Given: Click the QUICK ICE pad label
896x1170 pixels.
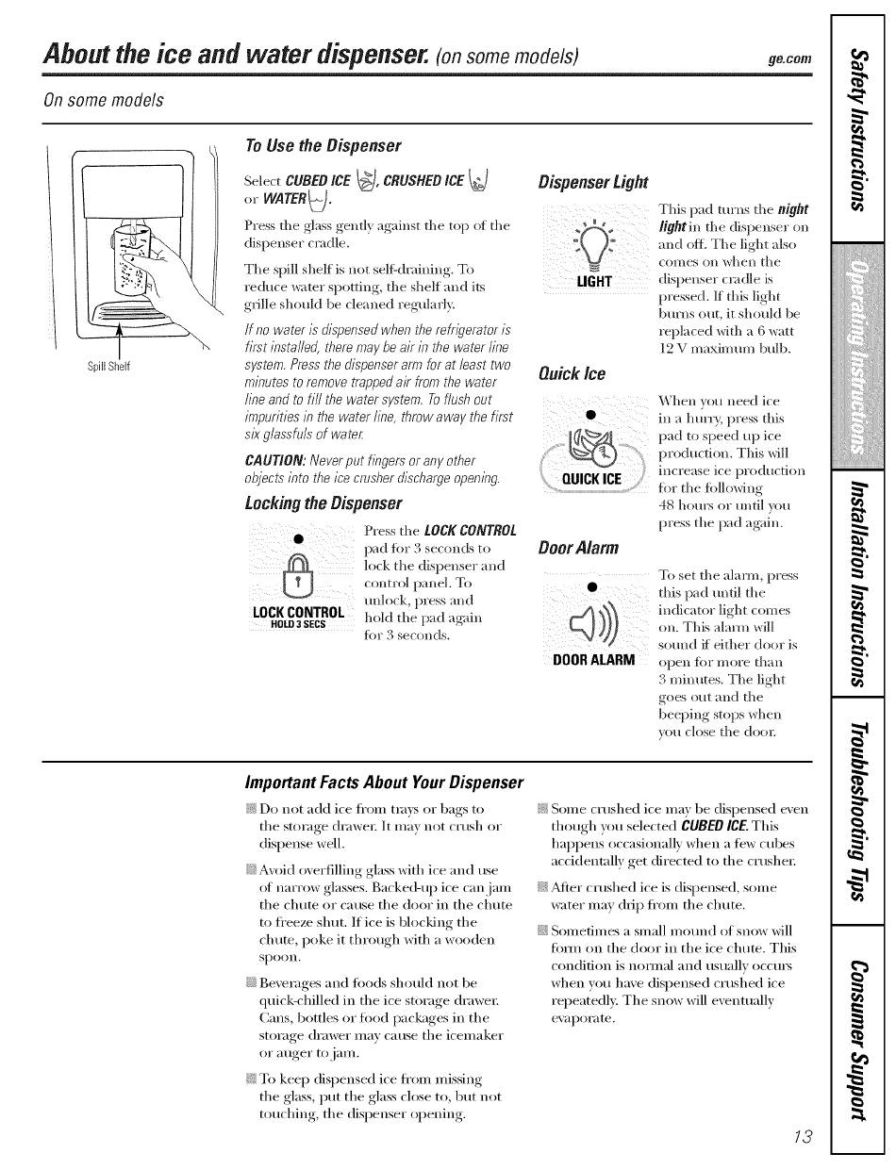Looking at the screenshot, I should point(591,478).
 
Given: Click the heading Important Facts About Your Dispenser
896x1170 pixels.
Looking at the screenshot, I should point(383,783).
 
